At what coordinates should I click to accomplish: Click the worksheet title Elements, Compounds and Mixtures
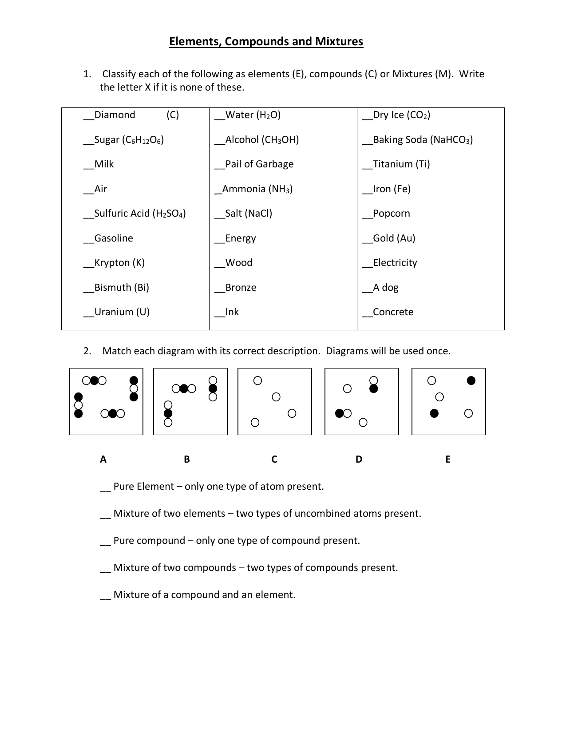click(266, 42)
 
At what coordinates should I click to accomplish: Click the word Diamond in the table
click(115, 115)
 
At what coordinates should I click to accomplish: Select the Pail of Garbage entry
click(259, 164)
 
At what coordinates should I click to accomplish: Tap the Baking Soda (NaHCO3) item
click(422, 140)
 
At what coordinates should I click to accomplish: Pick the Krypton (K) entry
click(119, 263)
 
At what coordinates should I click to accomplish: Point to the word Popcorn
click(391, 214)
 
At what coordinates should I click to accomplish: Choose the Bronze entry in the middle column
click(240, 288)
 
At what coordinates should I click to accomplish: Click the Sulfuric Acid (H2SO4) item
click(139, 214)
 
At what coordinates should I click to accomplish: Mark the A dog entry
click(385, 288)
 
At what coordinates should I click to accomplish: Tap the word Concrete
click(393, 312)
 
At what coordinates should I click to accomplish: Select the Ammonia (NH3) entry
click(257, 189)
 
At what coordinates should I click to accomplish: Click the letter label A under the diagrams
click(103, 460)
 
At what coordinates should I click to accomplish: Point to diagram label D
click(359, 460)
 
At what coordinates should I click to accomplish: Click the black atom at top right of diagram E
click(471, 380)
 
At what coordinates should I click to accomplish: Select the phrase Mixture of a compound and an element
click(204, 595)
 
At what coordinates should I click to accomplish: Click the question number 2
click(87, 351)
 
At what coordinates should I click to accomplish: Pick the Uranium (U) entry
click(122, 312)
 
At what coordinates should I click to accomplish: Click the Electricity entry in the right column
click(395, 263)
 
